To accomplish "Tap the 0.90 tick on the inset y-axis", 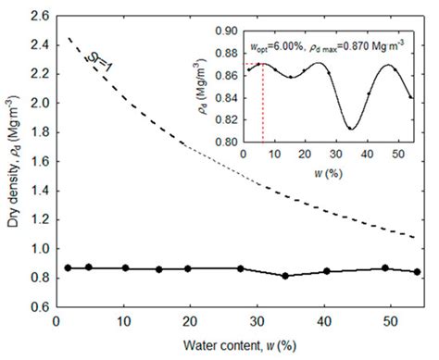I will (x=222, y=31).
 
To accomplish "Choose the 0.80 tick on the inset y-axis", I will (x=222, y=142).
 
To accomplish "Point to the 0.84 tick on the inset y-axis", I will (x=222, y=97).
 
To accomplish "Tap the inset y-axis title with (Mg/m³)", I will (x=203, y=86).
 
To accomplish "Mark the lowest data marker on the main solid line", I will (x=285, y=276).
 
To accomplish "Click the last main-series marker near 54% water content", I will (x=417, y=272).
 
